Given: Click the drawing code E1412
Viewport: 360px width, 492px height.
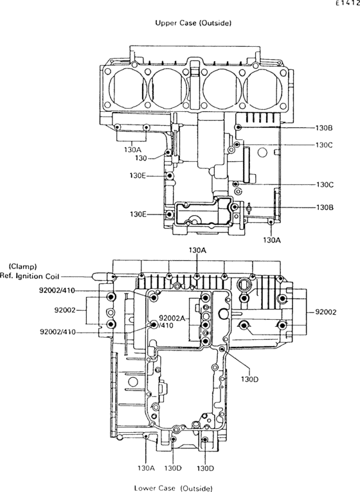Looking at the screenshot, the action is coord(347,3).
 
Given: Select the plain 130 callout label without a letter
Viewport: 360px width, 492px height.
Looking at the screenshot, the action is coord(141,159).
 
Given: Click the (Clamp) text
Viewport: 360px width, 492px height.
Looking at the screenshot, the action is coord(22,267).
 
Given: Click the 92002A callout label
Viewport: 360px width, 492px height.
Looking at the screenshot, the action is coord(172,319).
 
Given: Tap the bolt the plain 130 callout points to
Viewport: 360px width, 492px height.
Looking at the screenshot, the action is coord(168,152).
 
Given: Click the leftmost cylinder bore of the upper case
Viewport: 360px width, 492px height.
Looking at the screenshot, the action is coord(128,87).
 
